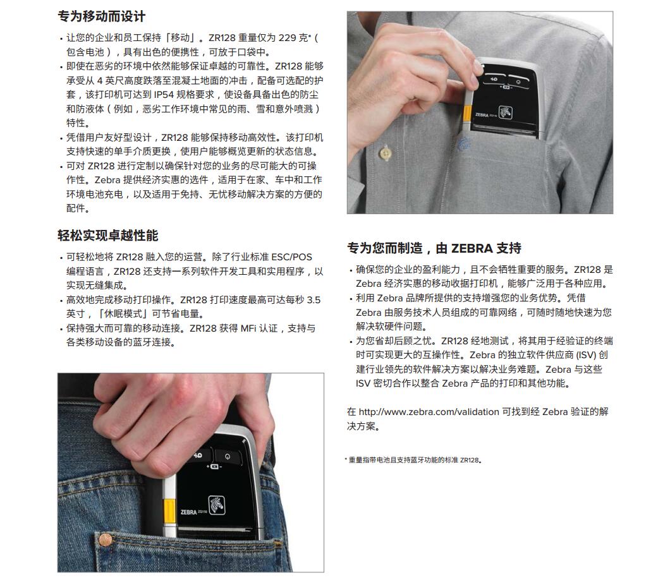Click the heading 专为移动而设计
[102, 16]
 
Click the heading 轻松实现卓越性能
[107, 236]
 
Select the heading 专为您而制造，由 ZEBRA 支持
[434, 248]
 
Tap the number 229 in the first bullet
[287, 38]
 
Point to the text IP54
[164, 95]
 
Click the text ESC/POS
[291, 257]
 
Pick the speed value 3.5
[314, 300]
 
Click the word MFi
[248, 328]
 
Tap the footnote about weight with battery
[413, 460]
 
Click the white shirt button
[386, 153]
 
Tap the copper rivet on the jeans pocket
[106, 540]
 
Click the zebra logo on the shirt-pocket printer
[505, 112]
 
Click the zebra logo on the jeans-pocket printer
[216, 505]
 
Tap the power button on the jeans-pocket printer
[228, 456]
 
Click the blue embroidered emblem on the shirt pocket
[464, 144]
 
